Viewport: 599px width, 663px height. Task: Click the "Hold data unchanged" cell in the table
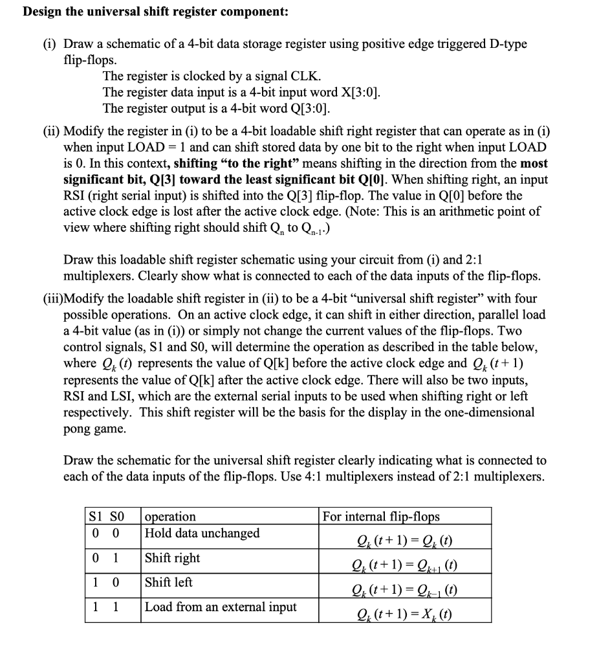pyautogui.click(x=202, y=533)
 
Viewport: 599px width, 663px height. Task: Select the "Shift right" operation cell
pyautogui.click(x=173, y=557)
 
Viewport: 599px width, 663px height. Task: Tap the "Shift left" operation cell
pyautogui.click(x=169, y=582)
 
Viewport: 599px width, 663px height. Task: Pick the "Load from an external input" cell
pyautogui.click(x=221, y=607)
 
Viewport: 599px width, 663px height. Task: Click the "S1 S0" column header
pyautogui.click(x=104, y=516)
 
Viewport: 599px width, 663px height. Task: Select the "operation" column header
pyautogui.click(x=171, y=516)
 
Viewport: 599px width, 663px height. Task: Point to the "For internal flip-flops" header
pyautogui.click(x=381, y=516)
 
